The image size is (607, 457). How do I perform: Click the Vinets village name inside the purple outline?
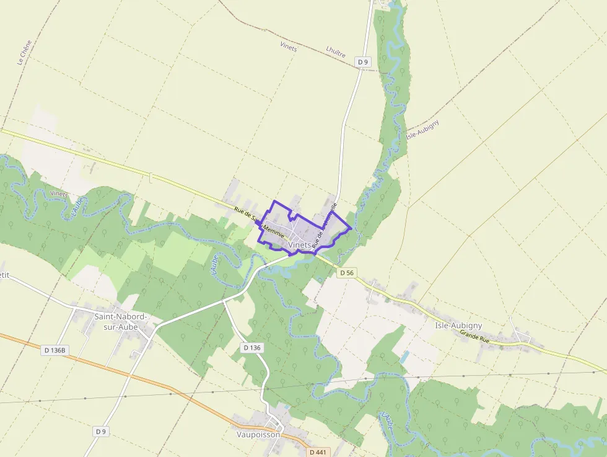coord(300,245)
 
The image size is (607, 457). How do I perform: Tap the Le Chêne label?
coord(24,53)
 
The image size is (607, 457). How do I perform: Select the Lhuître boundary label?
coord(335,51)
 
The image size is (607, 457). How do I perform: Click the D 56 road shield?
coord(346,273)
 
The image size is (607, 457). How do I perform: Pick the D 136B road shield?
coord(55,350)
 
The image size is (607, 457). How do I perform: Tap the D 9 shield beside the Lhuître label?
coord(363,61)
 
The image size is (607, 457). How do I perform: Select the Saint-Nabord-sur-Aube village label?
coord(121,321)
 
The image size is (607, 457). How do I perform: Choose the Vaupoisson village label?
coord(258,434)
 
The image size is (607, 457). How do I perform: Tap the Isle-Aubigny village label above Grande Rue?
coord(458,326)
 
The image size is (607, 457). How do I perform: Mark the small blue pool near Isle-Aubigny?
coord(404,358)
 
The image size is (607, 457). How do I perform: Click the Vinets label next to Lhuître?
coord(289,47)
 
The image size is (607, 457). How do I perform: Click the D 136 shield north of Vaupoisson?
coord(252,348)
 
